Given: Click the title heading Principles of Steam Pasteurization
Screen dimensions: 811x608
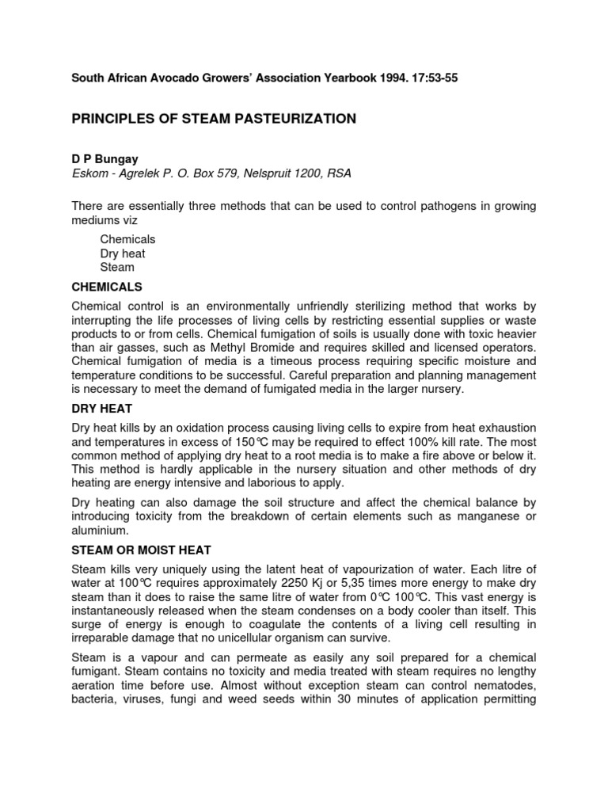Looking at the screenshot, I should point(214,119).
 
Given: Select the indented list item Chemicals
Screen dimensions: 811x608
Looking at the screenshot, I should point(127,239).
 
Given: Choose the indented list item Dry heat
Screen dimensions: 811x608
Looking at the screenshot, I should point(123,253).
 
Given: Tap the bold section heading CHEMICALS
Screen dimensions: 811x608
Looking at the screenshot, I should point(107,287).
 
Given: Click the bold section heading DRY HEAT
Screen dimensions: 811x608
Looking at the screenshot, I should point(101,409).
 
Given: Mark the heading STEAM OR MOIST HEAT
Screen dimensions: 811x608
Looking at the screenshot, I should point(141,550).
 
